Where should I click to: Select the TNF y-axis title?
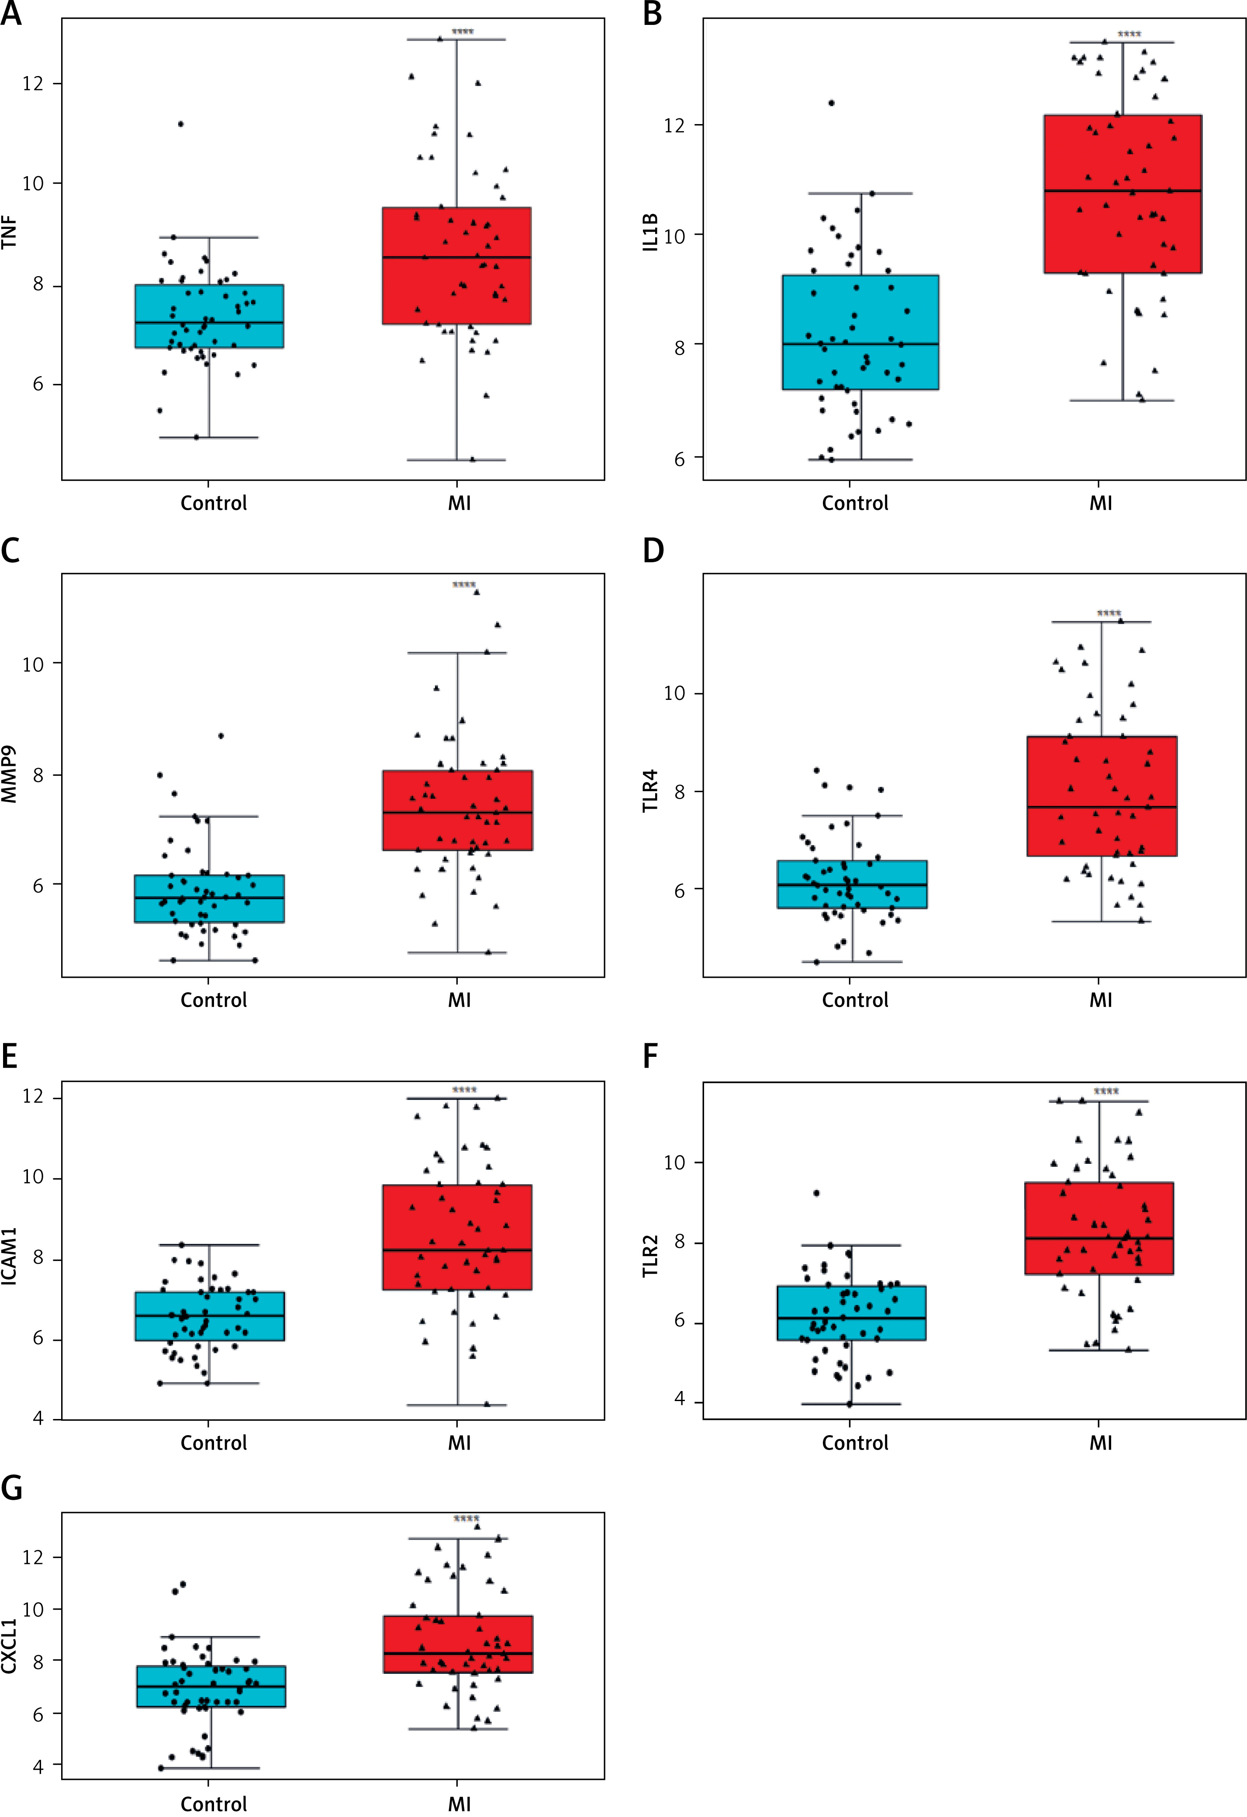click(9, 232)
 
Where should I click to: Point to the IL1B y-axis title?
click(650, 232)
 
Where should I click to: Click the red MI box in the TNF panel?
click(456, 265)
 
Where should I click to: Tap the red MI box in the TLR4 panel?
click(1102, 796)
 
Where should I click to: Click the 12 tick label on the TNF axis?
click(33, 83)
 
